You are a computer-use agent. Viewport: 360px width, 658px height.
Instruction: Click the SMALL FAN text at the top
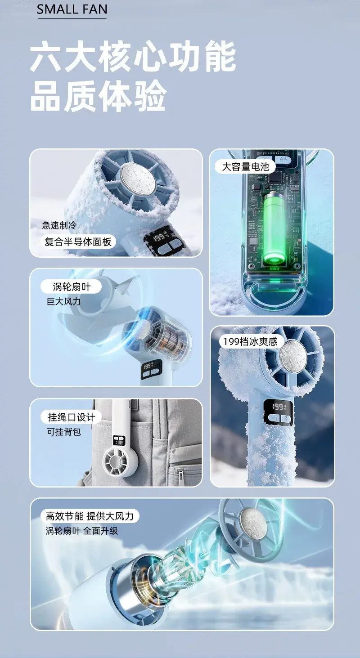pyautogui.click(x=72, y=9)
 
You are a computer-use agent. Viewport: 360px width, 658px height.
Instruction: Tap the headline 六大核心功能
pyautogui.click(x=133, y=56)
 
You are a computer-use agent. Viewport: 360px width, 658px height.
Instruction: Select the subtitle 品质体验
pyautogui.click(x=99, y=96)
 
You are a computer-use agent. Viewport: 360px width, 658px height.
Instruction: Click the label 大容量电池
pyautogui.click(x=245, y=166)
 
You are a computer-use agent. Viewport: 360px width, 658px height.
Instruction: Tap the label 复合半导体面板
pyautogui.click(x=78, y=242)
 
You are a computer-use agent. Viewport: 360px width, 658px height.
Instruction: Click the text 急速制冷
pyautogui.click(x=59, y=225)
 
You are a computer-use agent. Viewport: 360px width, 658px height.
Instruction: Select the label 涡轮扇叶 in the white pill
pyautogui.click(x=72, y=286)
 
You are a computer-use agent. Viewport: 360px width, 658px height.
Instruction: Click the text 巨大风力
pyautogui.click(x=63, y=301)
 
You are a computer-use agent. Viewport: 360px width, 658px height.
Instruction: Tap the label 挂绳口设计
pyautogui.click(x=72, y=417)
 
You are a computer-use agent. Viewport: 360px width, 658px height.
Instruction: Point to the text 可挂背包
pyautogui.click(x=64, y=431)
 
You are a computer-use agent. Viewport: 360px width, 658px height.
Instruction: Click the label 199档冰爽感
pyautogui.click(x=250, y=341)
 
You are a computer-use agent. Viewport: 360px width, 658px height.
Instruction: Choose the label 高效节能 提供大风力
pyautogui.click(x=90, y=516)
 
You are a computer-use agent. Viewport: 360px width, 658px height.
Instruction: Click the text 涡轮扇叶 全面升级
pyautogui.click(x=82, y=531)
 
